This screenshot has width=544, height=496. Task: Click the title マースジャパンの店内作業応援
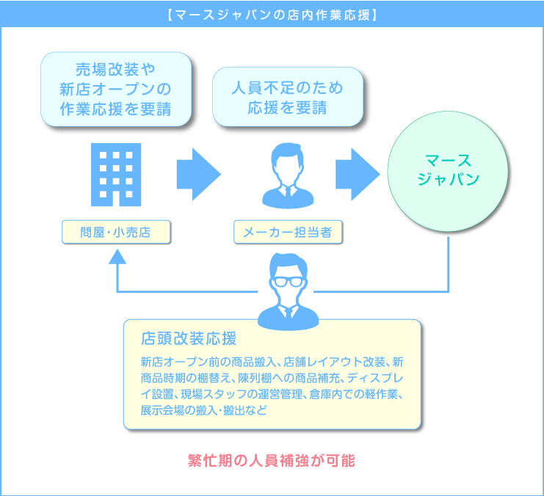click(272, 14)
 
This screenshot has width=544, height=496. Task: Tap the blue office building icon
click(116, 175)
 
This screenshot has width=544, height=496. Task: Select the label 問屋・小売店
click(116, 233)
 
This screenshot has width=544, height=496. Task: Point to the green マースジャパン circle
click(448, 172)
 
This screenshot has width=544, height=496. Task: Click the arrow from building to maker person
click(197, 175)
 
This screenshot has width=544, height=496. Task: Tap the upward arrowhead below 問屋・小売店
click(117, 256)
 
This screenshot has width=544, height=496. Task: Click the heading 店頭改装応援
click(189, 339)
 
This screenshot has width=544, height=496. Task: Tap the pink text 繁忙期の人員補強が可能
click(272, 462)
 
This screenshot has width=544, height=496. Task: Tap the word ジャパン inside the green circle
click(448, 180)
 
